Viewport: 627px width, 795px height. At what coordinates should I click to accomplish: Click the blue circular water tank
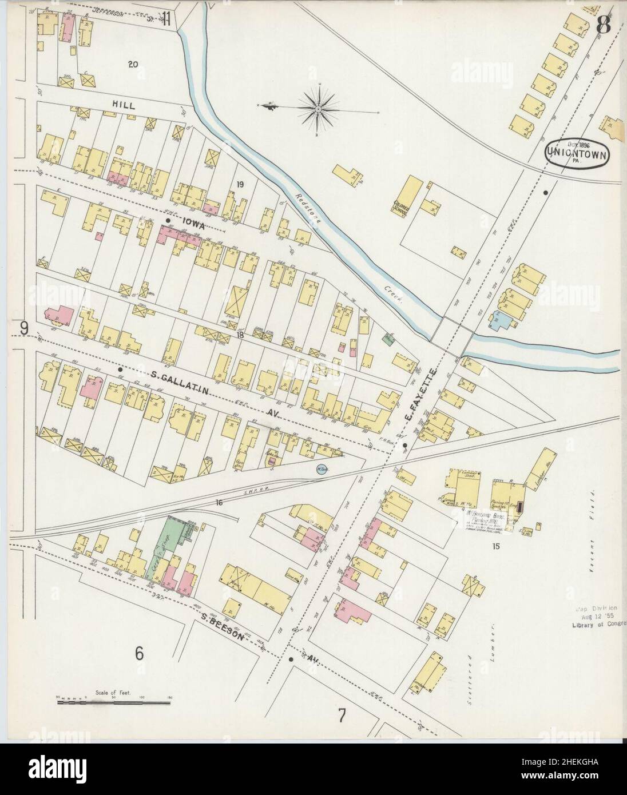321,469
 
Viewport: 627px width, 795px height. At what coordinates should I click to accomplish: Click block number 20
132,65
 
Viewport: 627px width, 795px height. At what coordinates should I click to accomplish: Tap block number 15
495,546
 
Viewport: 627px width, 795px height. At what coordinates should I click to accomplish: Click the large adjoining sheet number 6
138,653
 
